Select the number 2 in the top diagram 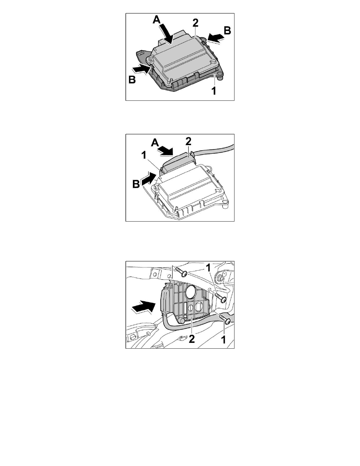pos(195,23)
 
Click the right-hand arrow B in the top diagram pos(216,37)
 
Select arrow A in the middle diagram pos(172,150)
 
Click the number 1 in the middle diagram pos(144,156)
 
